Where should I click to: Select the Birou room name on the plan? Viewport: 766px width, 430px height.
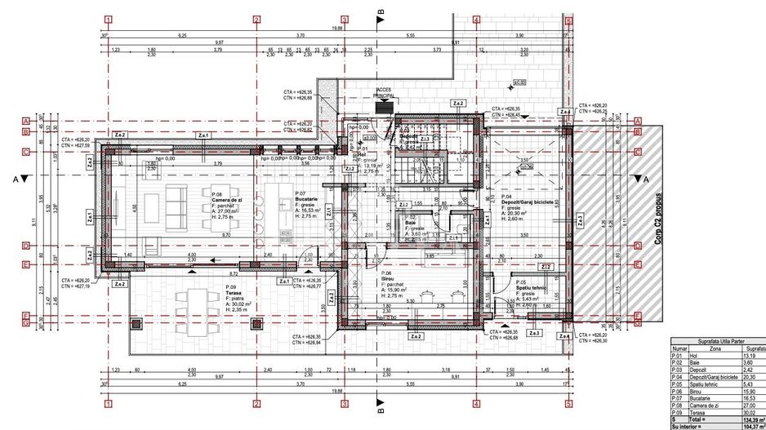(x=387, y=279)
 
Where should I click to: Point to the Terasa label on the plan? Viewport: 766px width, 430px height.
(x=235, y=294)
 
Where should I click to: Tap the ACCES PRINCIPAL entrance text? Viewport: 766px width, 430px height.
(x=384, y=93)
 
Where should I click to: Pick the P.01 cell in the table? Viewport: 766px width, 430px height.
(x=677, y=356)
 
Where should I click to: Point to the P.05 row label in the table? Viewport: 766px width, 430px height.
(x=677, y=383)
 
